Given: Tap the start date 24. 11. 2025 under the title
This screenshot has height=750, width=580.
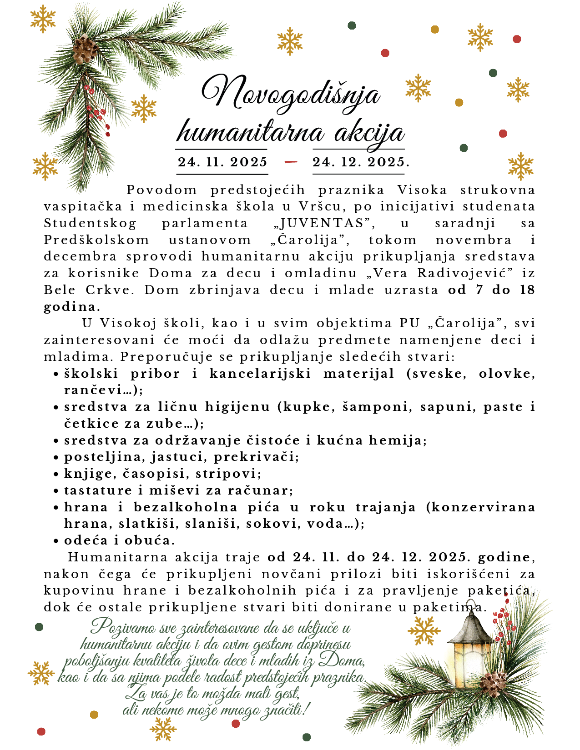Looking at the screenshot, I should coord(222,162).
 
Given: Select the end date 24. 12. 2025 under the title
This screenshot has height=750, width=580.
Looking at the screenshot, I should coord(359,162).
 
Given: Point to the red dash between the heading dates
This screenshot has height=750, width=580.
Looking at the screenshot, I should coord(290,162).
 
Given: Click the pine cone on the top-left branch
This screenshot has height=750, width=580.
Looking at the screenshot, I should coord(85,49).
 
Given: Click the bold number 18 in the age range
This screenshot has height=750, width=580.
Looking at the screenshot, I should coord(527,290).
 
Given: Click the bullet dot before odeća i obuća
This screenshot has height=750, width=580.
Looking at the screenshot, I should coord(56,541).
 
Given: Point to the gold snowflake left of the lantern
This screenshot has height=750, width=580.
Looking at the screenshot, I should coord(424,631).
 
